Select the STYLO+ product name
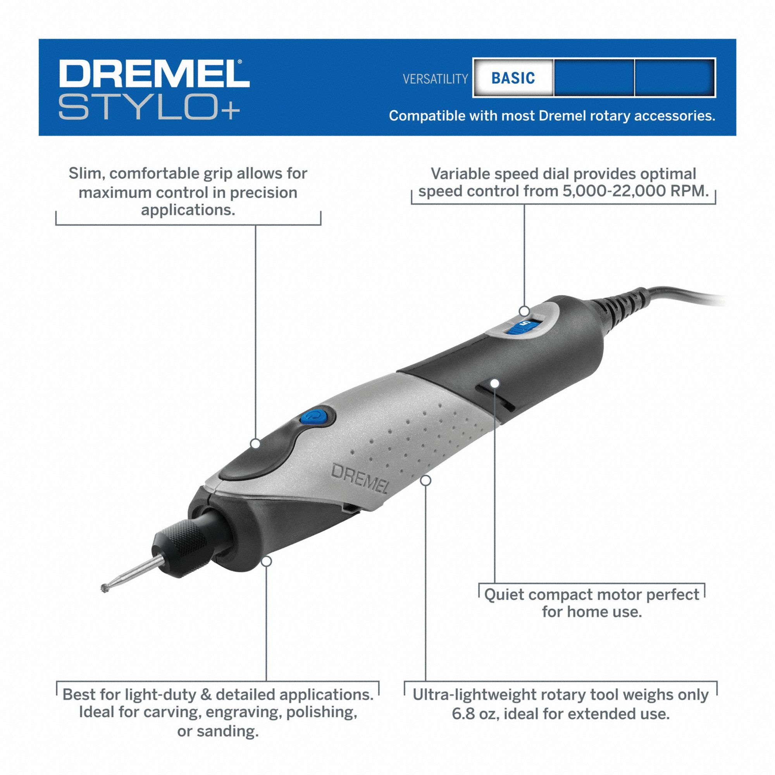coord(149,106)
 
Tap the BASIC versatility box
coord(513,78)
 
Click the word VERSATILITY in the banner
coord(435,79)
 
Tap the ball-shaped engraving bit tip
coord(105,589)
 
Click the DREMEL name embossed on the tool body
coord(360,479)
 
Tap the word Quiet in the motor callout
coord(503,594)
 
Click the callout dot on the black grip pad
coord(255,443)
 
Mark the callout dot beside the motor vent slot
coord(494,384)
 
